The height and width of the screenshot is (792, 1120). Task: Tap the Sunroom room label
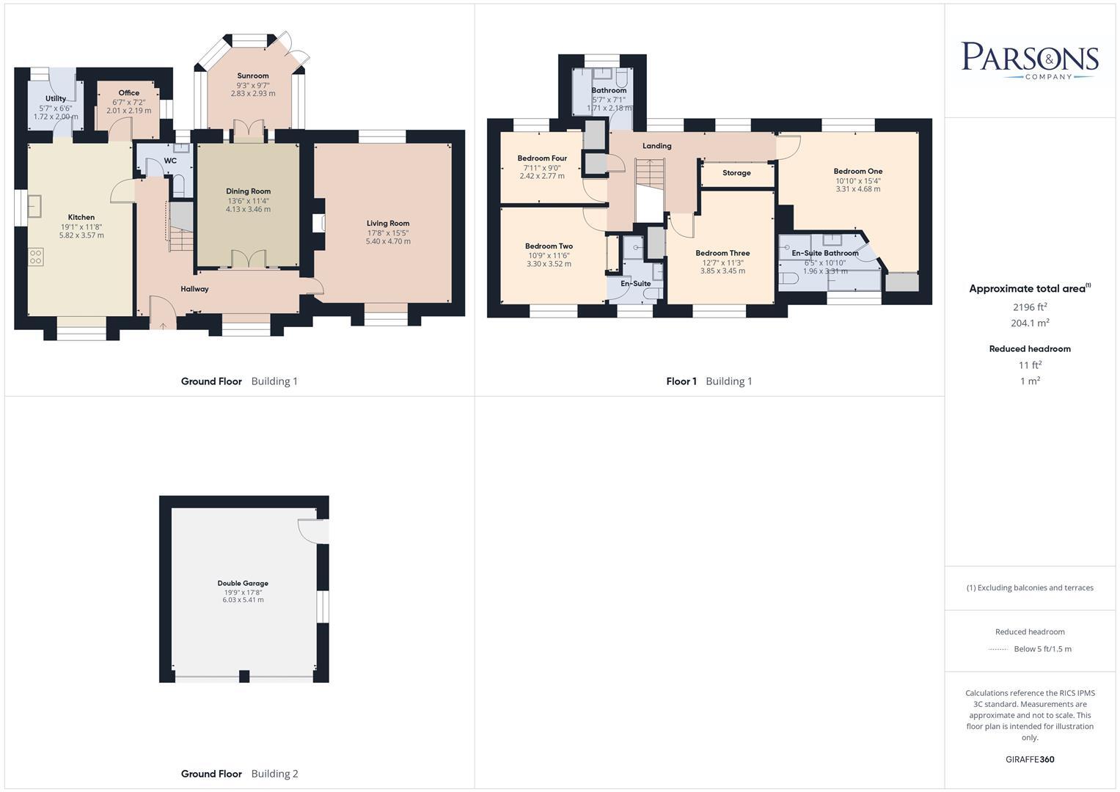click(x=252, y=76)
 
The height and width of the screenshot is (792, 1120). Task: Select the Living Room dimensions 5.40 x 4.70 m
click(x=388, y=241)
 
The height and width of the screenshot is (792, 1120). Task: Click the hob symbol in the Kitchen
click(x=35, y=257)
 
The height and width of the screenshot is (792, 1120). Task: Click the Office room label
click(x=128, y=93)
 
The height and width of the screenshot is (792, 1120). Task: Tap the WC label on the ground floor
click(x=170, y=161)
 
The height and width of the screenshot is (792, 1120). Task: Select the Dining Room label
click(x=248, y=191)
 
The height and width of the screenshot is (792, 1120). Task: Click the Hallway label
click(x=194, y=289)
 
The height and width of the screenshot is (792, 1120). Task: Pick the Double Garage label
click(x=243, y=584)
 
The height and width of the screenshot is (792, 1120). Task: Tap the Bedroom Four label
click(x=542, y=158)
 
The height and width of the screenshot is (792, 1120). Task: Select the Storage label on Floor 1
click(x=736, y=173)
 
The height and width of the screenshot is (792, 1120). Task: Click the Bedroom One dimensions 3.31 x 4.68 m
click(x=857, y=189)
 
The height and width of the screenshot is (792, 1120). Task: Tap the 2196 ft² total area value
click(x=1030, y=307)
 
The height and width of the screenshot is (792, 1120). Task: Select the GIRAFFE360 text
click(x=1030, y=759)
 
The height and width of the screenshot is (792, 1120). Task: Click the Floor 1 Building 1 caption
click(x=709, y=381)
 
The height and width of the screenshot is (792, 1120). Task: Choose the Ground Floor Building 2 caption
click(x=239, y=774)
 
